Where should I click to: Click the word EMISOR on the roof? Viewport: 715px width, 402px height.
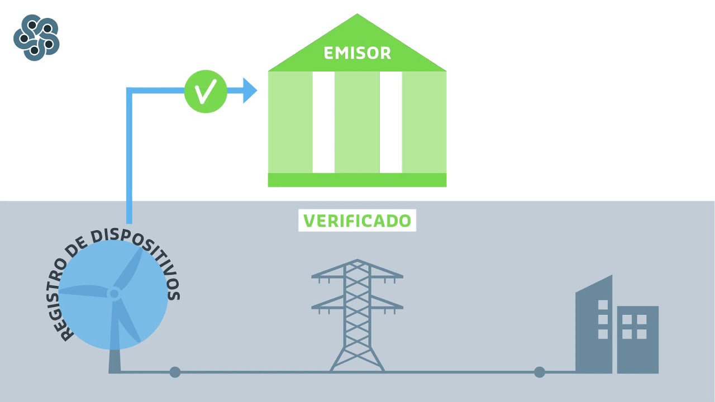click(357, 54)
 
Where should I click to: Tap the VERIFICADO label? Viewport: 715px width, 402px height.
click(357, 221)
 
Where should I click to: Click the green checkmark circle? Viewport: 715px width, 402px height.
click(206, 91)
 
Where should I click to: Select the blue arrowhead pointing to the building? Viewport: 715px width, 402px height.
click(249, 90)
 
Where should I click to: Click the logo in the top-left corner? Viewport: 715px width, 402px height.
click(36, 37)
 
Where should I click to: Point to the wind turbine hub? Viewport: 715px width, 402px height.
click(114, 293)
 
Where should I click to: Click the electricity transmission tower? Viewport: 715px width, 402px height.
click(357, 315)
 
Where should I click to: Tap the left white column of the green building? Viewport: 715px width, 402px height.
click(323, 122)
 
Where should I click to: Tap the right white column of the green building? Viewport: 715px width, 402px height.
click(390, 122)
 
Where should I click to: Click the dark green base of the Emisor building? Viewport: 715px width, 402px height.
click(357, 180)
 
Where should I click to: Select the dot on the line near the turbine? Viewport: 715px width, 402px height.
click(175, 372)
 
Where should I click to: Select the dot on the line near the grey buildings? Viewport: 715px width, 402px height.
click(539, 372)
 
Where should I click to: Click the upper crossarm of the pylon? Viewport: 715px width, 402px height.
click(357, 275)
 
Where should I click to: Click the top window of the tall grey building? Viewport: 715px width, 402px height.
click(603, 305)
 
